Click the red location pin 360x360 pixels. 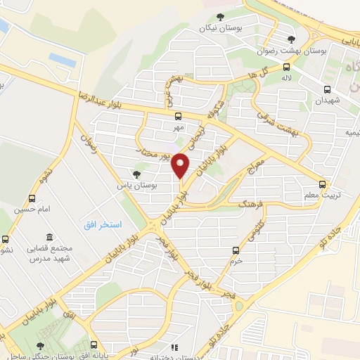[x=181, y=166]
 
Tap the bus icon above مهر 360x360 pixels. [x=177, y=117]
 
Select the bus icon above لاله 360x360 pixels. [x=286, y=68]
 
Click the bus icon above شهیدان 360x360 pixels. [x=327, y=89]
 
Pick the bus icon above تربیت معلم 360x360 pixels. [x=322, y=184]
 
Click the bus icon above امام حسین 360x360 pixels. [x=31, y=199]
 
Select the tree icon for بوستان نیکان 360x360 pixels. [x=220, y=16]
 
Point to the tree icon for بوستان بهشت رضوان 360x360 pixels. [x=291, y=39]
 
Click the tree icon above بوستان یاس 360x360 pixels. [x=137, y=174]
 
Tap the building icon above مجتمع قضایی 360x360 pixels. [x=49, y=238]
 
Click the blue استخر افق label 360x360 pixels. [x=101, y=224]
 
